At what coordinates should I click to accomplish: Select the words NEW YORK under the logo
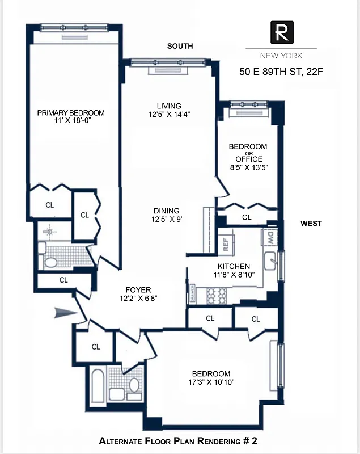coord(281,56)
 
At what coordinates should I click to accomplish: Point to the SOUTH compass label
coord(180,46)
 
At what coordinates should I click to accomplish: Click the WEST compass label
coord(311,224)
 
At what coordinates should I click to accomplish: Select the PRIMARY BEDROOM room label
coord(71,113)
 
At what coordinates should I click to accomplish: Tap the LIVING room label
coord(169,106)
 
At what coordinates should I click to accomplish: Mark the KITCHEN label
coord(234,266)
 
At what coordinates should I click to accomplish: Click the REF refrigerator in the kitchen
coord(225,245)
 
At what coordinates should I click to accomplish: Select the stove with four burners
coord(217,295)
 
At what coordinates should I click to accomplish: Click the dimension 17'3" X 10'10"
coord(211,382)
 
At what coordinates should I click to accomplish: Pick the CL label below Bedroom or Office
coord(247,217)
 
